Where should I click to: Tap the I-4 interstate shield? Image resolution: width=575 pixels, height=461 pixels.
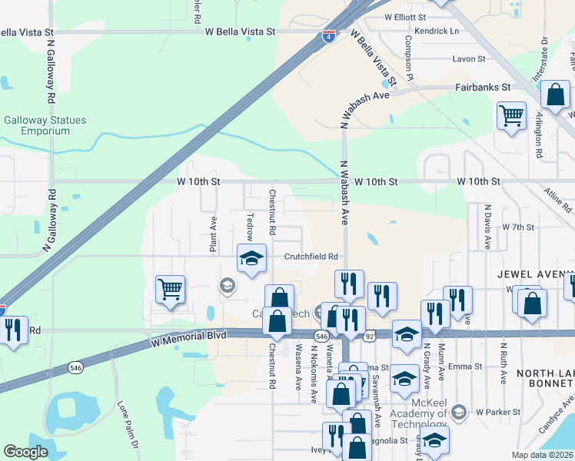(x=328, y=37)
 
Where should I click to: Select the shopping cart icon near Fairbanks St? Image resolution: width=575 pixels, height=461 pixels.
(x=511, y=116)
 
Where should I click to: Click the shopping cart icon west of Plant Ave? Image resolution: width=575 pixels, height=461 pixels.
(x=170, y=290)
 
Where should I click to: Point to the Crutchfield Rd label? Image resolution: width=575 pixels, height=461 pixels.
(x=312, y=257)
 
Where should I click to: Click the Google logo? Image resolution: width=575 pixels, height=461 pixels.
(x=25, y=452)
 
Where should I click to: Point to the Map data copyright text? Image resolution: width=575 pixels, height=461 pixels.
(x=542, y=455)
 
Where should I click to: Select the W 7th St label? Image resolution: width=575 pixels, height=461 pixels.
(x=517, y=227)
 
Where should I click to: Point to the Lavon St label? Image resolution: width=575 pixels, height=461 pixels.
(x=469, y=59)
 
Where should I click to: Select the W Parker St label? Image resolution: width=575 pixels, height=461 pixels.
(x=494, y=413)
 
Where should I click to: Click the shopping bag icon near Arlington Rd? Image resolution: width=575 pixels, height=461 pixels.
(x=555, y=95)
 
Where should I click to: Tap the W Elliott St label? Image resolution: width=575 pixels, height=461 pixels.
(x=405, y=16)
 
